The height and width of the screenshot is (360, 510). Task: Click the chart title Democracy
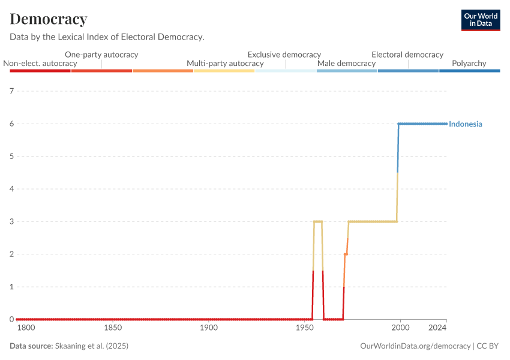49,19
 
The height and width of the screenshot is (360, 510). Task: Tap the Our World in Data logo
480,20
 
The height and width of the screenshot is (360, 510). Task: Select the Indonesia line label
466,124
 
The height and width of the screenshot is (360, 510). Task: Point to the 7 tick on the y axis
11,91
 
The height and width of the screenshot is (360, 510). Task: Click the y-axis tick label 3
11,221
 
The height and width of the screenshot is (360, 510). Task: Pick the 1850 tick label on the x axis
113,328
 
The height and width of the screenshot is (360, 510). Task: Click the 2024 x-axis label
438,328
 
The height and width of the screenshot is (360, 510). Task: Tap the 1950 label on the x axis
305,328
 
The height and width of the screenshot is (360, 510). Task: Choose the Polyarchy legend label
470,63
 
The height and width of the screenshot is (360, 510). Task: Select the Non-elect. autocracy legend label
40,63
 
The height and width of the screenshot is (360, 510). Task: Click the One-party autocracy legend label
101,55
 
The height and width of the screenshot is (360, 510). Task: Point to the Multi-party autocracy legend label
225,63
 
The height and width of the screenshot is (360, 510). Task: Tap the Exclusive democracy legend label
284,55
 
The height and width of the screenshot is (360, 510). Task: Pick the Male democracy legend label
346,63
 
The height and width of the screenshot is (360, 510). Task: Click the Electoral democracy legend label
407,55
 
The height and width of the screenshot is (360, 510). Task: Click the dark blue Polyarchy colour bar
470,71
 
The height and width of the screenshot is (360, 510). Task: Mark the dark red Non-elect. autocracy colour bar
40,71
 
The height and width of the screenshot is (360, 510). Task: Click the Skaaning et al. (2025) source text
91,346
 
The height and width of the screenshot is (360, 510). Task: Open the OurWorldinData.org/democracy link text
415,346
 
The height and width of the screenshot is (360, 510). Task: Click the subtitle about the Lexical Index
107,37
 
